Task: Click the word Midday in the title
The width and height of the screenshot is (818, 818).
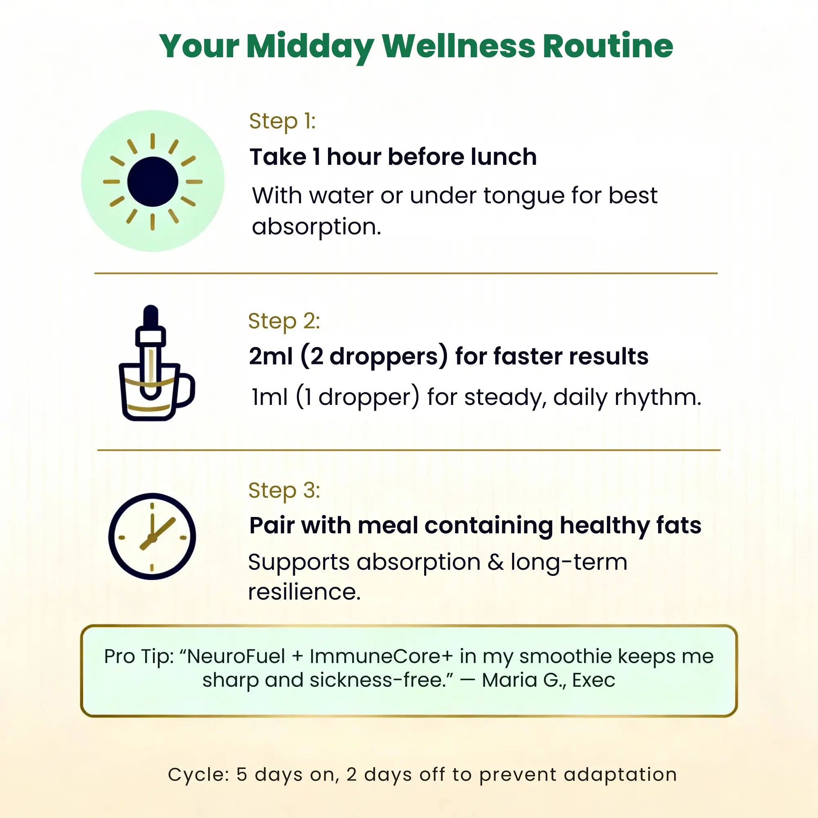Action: tap(310, 46)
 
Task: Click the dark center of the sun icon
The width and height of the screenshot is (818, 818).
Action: tap(153, 182)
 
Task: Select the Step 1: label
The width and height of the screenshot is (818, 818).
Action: tap(282, 121)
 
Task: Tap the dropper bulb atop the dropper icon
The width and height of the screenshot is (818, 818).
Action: tap(151, 318)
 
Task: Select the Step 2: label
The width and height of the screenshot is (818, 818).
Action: tap(284, 321)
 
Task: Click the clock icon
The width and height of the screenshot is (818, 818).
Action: tap(152, 536)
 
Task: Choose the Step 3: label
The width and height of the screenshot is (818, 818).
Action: tap(284, 490)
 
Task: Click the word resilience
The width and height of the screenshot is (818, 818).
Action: tap(303, 592)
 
